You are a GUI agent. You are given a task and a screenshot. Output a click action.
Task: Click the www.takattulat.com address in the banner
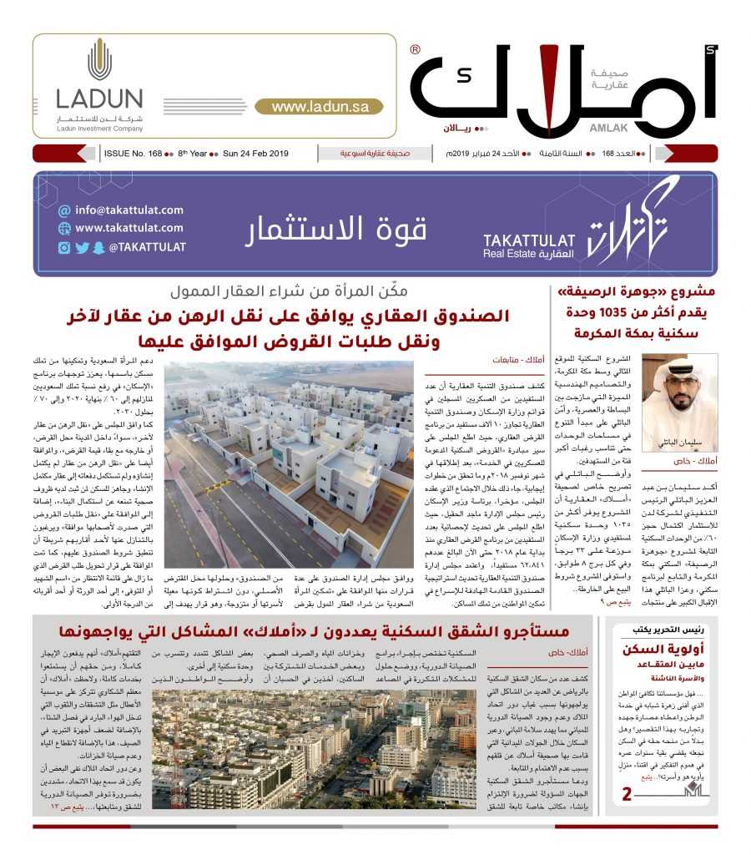129,227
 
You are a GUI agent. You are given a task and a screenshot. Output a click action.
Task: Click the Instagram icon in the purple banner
64,247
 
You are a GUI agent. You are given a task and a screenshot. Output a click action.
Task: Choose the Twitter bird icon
82,247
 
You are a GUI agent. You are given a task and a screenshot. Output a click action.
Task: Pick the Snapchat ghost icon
98,247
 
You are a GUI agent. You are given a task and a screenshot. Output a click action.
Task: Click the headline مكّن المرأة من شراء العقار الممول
289,292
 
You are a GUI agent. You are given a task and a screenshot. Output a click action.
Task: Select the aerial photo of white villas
289,453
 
